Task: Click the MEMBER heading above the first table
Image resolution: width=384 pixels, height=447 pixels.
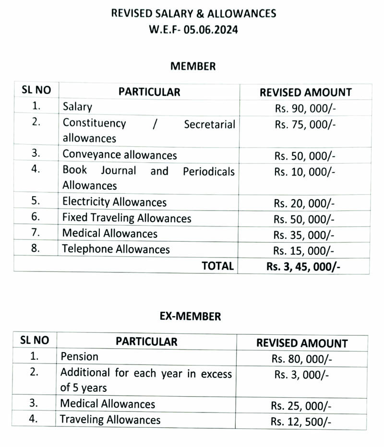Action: click(x=193, y=66)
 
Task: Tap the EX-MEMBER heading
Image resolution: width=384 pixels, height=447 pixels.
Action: click(x=190, y=317)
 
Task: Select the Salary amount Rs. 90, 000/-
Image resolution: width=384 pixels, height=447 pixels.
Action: click(x=305, y=107)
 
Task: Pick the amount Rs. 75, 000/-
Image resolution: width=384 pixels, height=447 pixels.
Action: click(x=305, y=124)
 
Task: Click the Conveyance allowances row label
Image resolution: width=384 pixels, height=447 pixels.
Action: click(x=120, y=155)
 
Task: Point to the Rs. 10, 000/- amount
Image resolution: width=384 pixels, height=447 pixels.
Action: click(x=305, y=171)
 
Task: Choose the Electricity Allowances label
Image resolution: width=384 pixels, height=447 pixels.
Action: click(x=114, y=202)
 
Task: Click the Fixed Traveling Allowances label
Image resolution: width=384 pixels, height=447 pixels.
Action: click(x=127, y=218)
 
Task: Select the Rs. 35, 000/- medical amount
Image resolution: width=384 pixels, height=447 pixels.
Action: click(x=305, y=235)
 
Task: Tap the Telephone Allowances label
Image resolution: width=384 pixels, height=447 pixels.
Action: click(x=116, y=249)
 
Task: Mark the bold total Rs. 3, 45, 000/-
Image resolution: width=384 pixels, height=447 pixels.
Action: click(x=303, y=267)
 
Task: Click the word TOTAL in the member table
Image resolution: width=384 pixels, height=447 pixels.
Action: click(x=217, y=266)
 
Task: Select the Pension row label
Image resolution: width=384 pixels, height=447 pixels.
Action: click(x=79, y=356)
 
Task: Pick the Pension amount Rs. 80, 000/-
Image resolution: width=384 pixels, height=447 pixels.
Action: click(x=301, y=358)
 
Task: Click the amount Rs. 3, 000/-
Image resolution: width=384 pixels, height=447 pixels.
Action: click(x=301, y=375)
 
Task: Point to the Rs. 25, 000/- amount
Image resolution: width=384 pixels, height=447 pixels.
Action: click(x=301, y=406)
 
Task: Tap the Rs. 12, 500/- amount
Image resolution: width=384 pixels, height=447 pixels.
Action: click(x=301, y=422)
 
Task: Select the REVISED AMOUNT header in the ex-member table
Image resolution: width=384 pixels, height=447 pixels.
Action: click(x=302, y=343)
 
